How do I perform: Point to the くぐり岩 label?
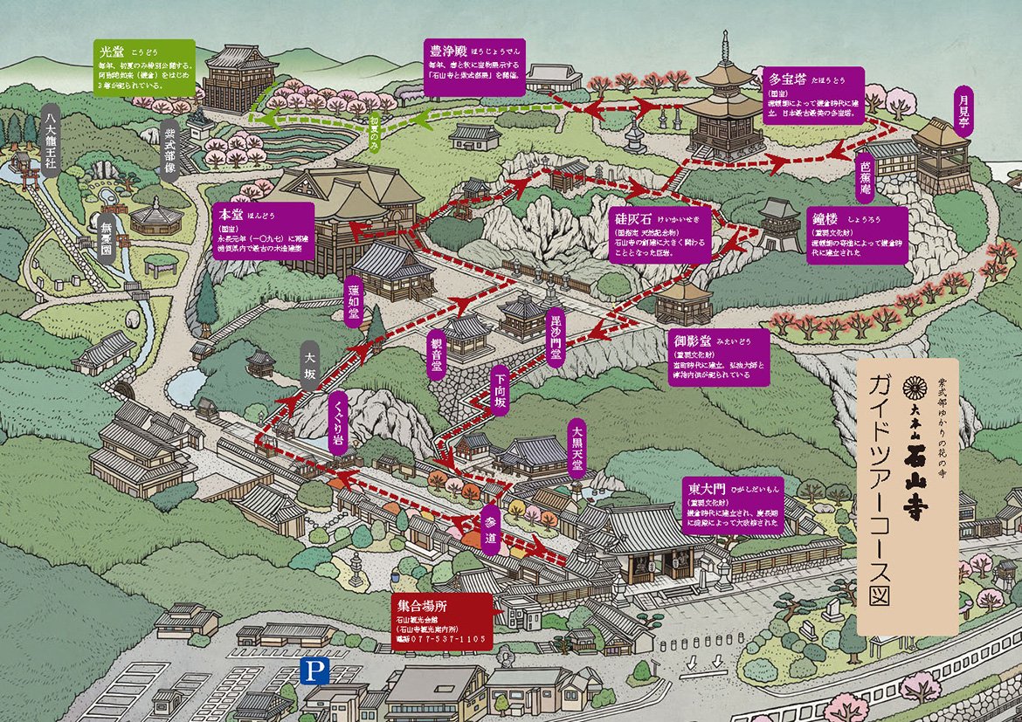[338, 422]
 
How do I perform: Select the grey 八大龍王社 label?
[53, 141]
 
